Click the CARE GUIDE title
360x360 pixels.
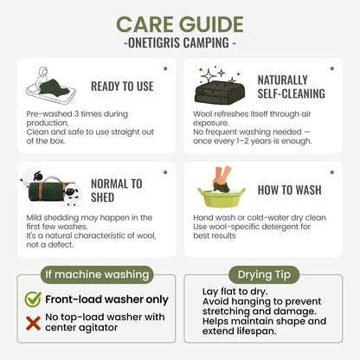point(180,24)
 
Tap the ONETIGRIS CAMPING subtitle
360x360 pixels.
point(180,42)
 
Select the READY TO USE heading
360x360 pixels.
point(122,87)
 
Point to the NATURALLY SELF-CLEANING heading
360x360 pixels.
point(292,87)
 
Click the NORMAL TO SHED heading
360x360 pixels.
point(117,190)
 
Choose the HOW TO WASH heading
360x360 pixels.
point(290,190)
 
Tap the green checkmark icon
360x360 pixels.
point(33,299)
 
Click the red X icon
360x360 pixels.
point(33,323)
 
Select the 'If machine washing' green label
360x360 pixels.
point(97,274)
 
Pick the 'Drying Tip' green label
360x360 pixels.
point(264,274)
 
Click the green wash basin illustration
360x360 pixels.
point(222,196)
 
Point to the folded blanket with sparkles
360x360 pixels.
point(221,86)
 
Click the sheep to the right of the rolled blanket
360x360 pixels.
point(72,195)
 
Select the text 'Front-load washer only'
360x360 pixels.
point(106,299)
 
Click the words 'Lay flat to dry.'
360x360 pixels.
point(235,292)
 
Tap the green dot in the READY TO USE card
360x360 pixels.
point(165,68)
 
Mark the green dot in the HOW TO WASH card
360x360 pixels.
point(332,172)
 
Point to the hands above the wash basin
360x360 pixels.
point(222,177)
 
